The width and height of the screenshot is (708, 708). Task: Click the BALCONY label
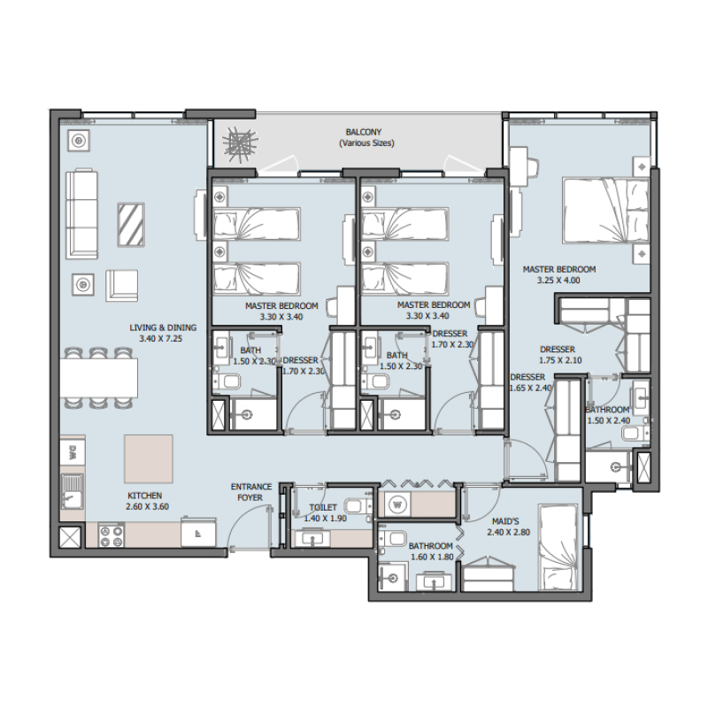(x=365, y=132)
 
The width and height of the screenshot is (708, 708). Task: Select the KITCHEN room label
(x=143, y=496)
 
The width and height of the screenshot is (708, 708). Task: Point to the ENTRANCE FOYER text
(x=250, y=492)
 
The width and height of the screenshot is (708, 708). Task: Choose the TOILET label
(x=322, y=507)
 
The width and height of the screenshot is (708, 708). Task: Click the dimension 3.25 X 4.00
(x=558, y=281)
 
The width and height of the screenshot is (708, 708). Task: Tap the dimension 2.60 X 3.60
(x=147, y=507)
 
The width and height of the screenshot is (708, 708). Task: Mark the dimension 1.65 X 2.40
(x=531, y=388)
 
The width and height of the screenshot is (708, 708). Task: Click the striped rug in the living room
(x=131, y=225)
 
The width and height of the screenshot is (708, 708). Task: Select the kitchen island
(x=148, y=458)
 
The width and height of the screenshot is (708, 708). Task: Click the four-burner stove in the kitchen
(x=112, y=535)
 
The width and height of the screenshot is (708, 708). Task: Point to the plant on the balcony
(x=238, y=144)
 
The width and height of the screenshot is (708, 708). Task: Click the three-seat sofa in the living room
(x=81, y=212)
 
